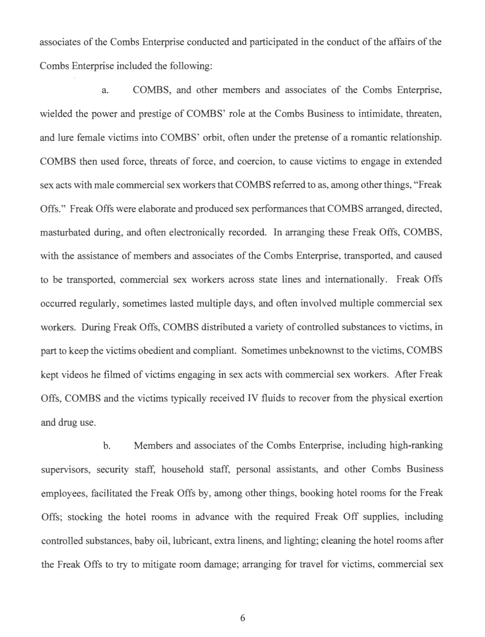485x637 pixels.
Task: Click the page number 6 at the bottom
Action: coord(242,618)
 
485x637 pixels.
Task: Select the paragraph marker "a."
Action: coord(106,91)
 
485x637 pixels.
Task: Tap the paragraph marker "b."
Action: coord(107,446)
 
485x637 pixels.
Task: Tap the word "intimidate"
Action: coord(380,114)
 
